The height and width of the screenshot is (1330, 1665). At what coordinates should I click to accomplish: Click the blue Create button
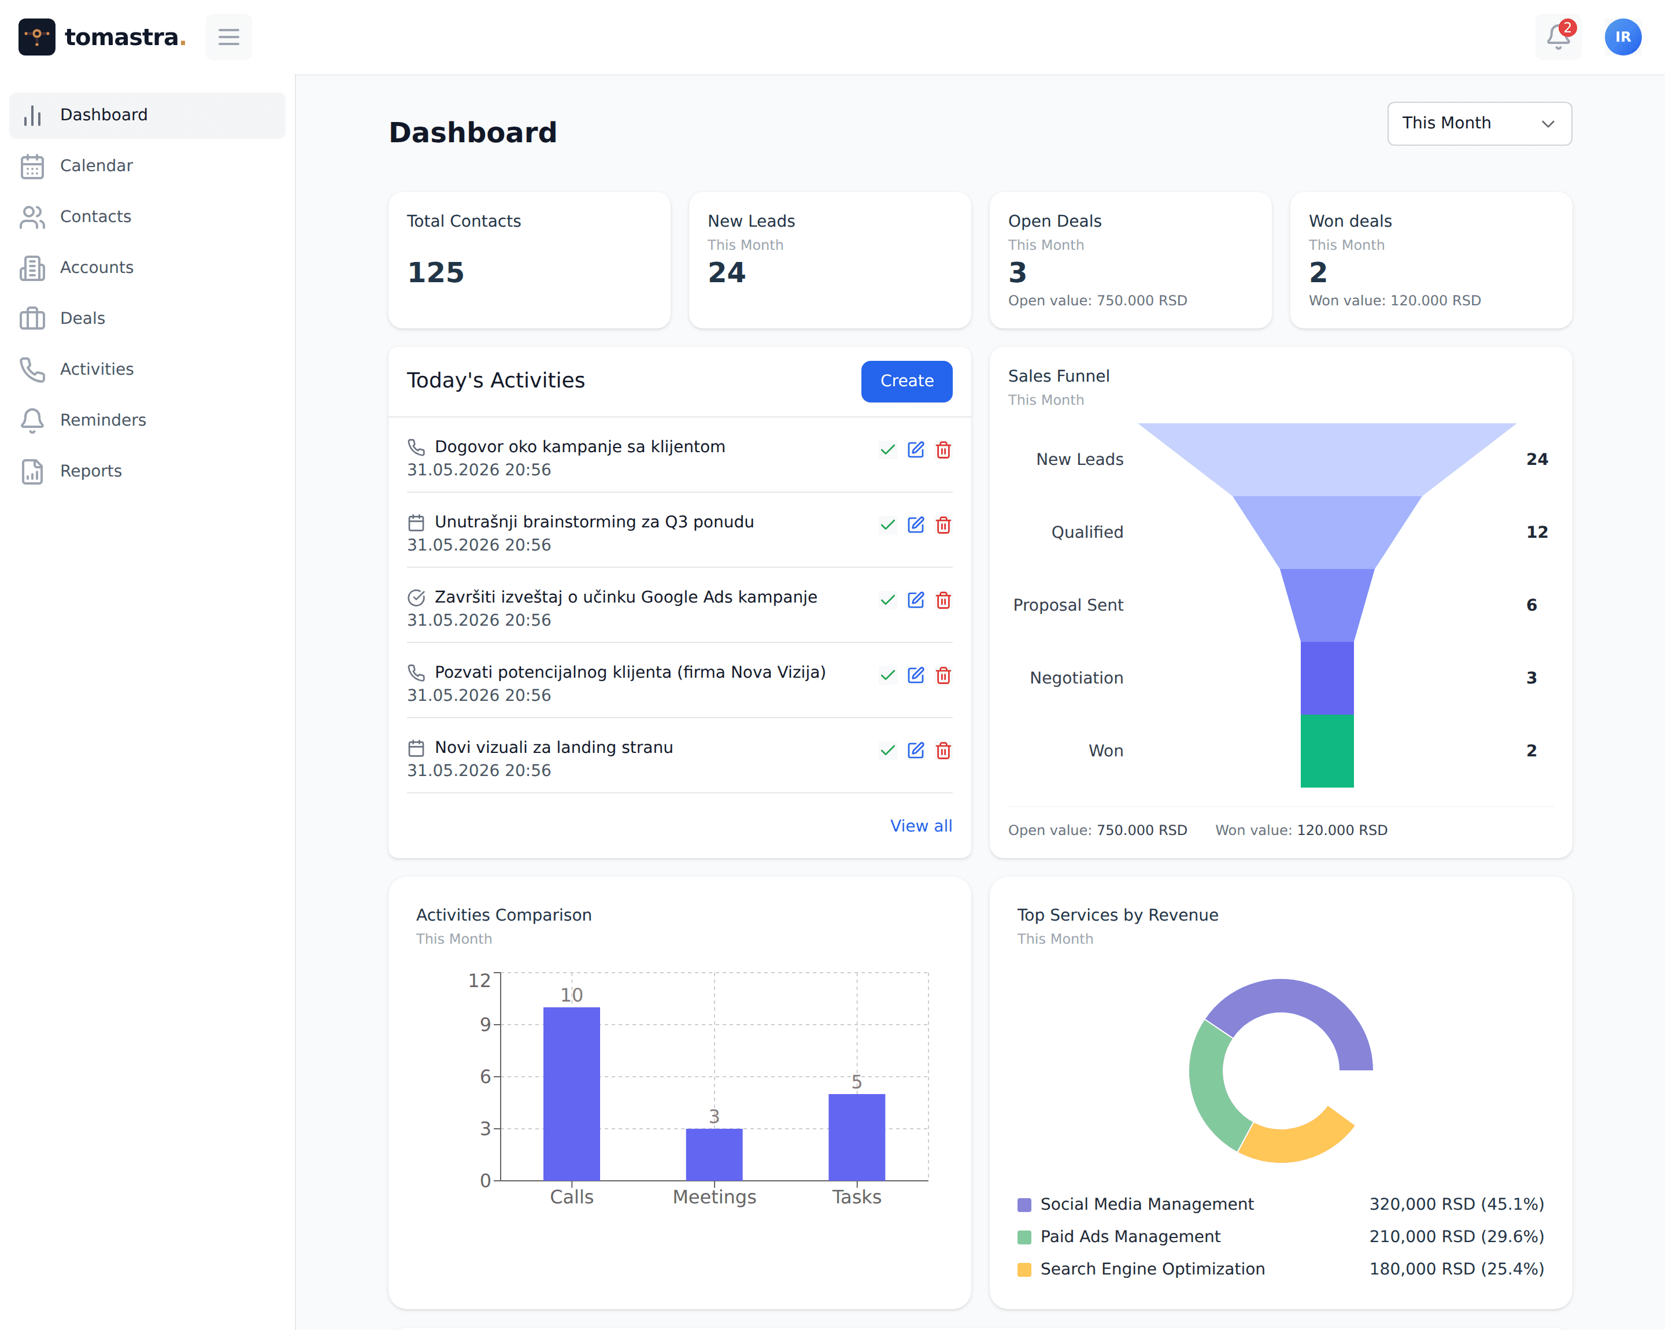click(x=906, y=380)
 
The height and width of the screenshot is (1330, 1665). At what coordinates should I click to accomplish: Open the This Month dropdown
click(x=1479, y=124)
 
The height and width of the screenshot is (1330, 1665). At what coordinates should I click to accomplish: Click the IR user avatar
click(x=1623, y=37)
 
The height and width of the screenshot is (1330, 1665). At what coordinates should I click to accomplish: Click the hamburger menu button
click(x=228, y=36)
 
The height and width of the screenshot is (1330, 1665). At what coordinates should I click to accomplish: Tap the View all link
click(x=920, y=826)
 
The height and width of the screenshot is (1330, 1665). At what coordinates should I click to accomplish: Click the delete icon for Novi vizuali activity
click(x=943, y=750)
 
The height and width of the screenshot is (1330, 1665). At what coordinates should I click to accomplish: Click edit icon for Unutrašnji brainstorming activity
click(x=915, y=524)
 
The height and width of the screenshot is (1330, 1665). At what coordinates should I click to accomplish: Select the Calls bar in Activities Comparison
click(x=571, y=1093)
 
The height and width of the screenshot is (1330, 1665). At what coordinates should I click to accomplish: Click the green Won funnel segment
click(x=1327, y=751)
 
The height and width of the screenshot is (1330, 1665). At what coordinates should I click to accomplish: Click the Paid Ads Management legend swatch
click(x=1024, y=1237)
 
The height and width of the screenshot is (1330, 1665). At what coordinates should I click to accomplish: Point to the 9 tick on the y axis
click(x=485, y=1024)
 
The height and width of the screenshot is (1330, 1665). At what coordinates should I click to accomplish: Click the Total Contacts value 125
click(x=435, y=272)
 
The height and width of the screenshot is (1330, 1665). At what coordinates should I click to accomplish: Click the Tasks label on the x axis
click(x=856, y=1196)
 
